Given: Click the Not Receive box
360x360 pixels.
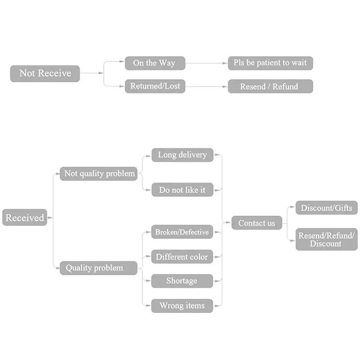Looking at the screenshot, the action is [x=45, y=73].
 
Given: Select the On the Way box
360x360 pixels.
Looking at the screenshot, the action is [x=155, y=63].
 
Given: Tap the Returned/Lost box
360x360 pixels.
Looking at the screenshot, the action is [x=155, y=86].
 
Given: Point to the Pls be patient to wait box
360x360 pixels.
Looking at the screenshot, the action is [x=270, y=63].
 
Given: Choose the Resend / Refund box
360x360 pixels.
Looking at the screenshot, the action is [x=270, y=86].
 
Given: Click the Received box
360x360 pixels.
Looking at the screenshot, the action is [x=25, y=217].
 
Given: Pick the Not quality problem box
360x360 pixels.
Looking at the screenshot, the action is [x=99, y=174].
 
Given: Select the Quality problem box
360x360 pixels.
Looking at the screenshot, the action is [x=99, y=268].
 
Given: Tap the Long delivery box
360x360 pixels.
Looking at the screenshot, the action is [x=183, y=155].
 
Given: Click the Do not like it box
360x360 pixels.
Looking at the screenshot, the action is [x=183, y=189].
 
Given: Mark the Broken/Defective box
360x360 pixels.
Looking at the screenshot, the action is [x=182, y=232].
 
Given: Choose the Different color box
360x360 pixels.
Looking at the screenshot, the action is [x=182, y=256].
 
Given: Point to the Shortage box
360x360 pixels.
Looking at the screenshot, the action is [x=182, y=281].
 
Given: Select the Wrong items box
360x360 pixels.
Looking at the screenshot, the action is [x=182, y=306].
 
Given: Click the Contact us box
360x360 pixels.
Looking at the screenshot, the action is [x=256, y=223].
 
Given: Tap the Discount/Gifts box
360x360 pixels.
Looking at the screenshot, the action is [x=327, y=208].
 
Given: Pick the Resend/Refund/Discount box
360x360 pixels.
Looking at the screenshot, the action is [x=327, y=239].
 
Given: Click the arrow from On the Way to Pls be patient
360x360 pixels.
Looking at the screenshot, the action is [x=207, y=63].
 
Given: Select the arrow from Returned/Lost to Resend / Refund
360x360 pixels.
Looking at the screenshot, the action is [x=207, y=86].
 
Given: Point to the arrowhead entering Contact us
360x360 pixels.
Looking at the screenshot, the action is [x=228, y=222].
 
